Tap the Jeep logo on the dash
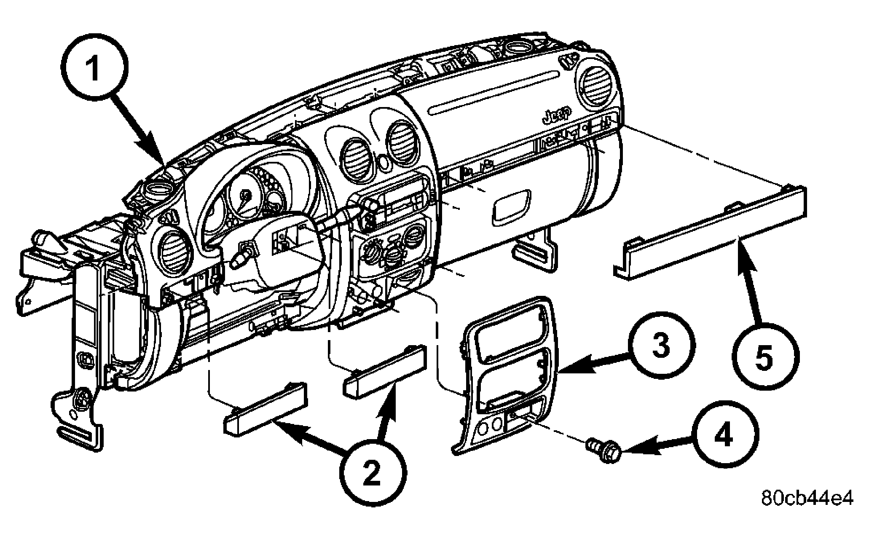[556, 115]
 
